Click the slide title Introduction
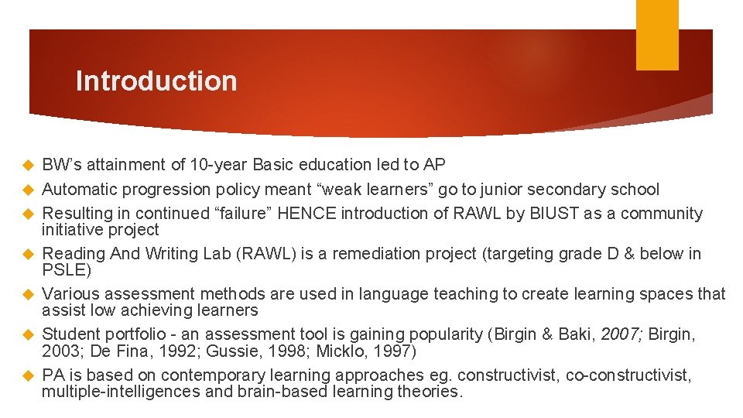click(x=156, y=81)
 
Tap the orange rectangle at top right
click(x=657, y=35)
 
